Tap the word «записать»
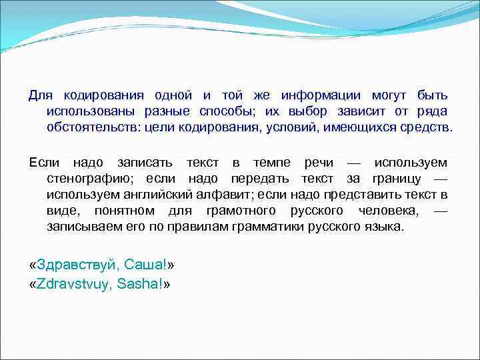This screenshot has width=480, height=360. [145, 163]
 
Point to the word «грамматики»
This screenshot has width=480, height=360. [270, 226]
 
